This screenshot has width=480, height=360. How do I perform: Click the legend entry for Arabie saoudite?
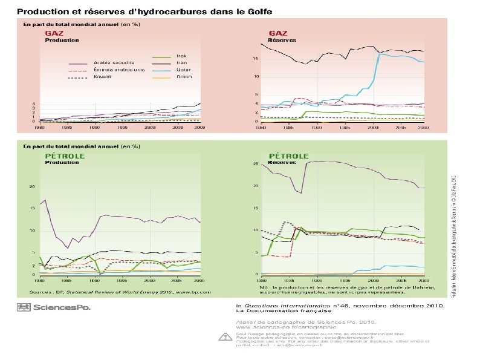[x=114, y=62]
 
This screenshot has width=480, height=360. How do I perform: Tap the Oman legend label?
[x=184, y=77]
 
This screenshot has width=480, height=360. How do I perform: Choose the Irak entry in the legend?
[x=181, y=56]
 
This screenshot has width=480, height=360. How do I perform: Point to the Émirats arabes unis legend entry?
[x=118, y=70]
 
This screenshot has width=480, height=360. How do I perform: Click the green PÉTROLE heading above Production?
[x=65, y=155]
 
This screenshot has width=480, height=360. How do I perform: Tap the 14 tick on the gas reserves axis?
[x=256, y=58]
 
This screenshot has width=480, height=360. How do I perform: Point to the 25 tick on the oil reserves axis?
[x=256, y=164]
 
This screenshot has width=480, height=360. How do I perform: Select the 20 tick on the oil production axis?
[x=33, y=187]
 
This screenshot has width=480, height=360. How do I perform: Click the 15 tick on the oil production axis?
[x=33, y=209]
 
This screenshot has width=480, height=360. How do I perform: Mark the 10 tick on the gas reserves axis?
[x=256, y=77]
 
